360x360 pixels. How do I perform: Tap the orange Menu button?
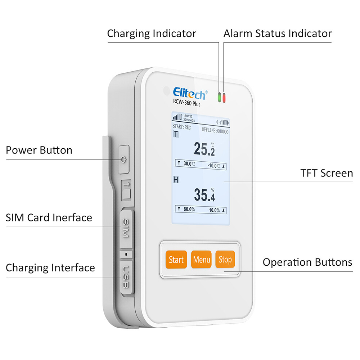pos(201,259)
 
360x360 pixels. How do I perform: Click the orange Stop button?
pos(225,259)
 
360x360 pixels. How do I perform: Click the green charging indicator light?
pos(219,97)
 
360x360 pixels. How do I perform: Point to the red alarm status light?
pos(224,97)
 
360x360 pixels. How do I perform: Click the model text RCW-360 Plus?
pos(187,104)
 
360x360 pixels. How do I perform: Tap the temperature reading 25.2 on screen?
pos(204,149)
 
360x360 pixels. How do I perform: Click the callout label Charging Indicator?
pos(152,33)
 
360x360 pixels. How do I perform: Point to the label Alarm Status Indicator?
pos(277,33)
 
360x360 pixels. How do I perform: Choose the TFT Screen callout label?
pos(327,173)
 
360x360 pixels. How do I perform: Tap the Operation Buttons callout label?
pos(307,262)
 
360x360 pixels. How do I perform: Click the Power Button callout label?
pos(39,150)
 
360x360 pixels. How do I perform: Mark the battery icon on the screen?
pos(226,122)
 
